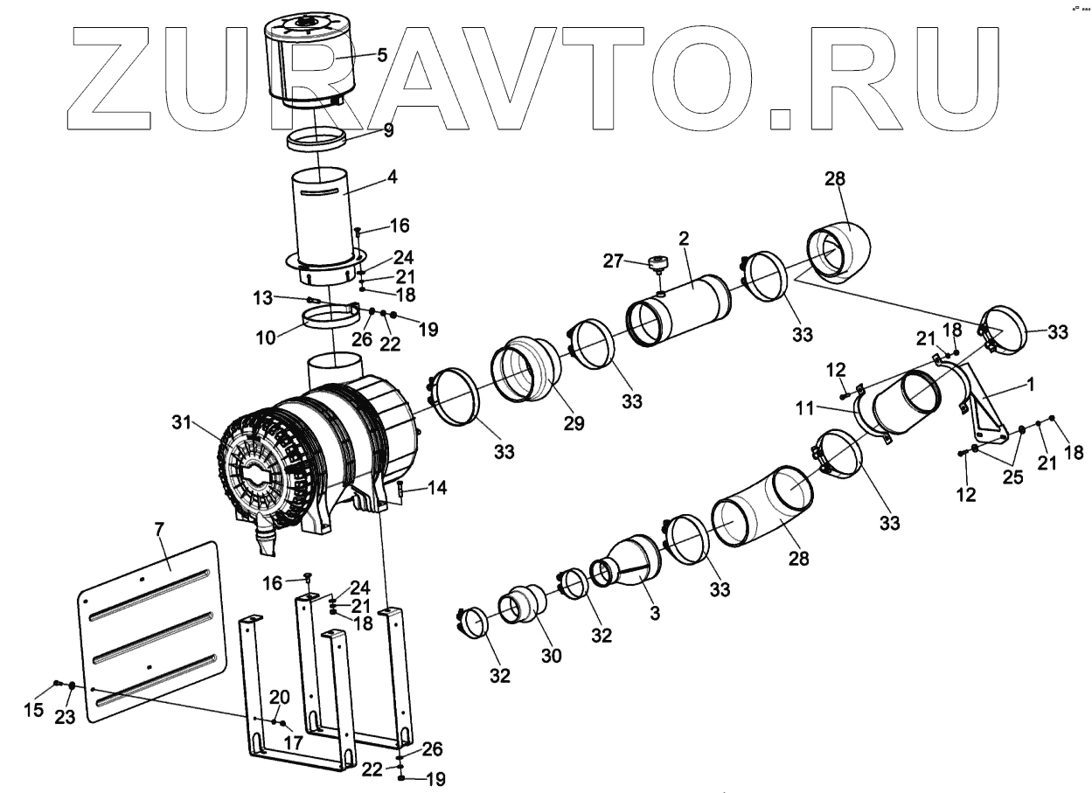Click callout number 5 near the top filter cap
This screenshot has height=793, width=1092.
click(382, 56)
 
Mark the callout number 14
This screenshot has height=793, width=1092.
click(437, 488)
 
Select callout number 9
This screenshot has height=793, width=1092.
click(388, 132)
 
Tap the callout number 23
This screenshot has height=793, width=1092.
click(66, 716)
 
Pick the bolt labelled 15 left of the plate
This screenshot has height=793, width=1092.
click(58, 683)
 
